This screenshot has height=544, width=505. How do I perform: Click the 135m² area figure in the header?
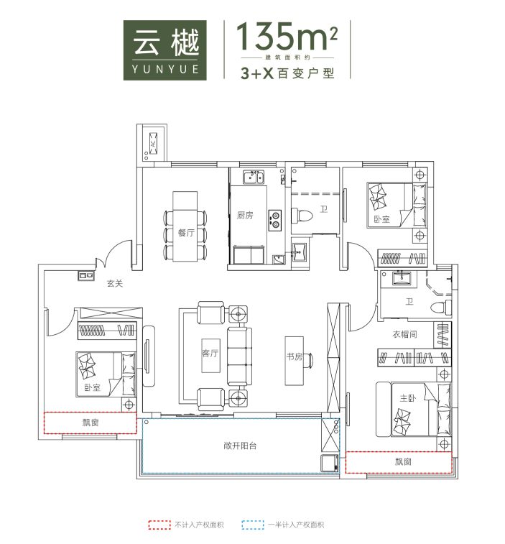[287, 36]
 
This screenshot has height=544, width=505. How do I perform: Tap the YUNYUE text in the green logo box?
[165, 69]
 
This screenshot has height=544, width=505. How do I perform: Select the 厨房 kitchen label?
[245, 216]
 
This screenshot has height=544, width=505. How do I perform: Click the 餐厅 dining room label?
[186, 233]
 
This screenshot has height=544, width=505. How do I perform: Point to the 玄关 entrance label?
[115, 283]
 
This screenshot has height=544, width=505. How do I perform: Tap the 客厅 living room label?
[210, 354]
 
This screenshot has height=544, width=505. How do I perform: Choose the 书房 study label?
[295, 356]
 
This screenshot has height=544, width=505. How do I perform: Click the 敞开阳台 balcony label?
[240, 446]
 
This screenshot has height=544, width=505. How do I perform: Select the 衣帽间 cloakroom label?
[404, 334]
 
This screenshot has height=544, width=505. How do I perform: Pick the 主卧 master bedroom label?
[407, 398]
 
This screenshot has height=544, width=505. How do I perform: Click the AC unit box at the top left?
[153, 142]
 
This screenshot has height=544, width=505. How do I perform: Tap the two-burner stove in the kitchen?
[275, 221]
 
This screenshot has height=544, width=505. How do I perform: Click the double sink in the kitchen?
[254, 178]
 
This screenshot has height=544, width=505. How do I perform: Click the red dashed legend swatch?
[159, 525]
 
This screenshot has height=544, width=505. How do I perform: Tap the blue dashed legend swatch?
[253, 525]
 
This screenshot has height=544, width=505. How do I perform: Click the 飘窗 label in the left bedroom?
[91, 423]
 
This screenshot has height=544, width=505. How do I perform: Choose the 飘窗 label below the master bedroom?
[403, 462]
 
